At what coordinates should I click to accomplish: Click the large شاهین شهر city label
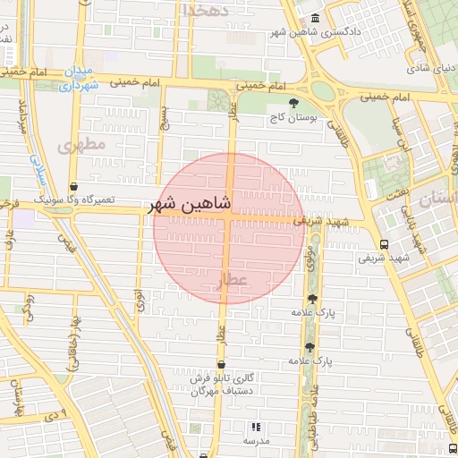tap(193, 204)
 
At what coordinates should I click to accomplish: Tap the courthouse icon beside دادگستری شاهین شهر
tap(314, 19)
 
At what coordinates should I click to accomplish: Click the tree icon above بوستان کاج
tap(294, 103)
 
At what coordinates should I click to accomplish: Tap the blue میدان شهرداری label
tap(77, 78)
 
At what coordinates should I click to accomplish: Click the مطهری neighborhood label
tap(82, 144)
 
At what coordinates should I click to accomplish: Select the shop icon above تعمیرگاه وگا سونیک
tap(73, 186)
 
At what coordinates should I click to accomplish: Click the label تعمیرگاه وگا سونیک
tap(73, 199)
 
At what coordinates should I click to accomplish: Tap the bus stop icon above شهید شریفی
tap(384, 243)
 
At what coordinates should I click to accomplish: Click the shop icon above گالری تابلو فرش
tap(221, 364)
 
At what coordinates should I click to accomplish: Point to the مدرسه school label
tap(257, 441)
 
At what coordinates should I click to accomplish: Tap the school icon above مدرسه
tap(257, 428)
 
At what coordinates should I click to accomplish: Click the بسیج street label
tap(164, 115)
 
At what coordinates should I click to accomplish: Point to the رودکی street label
tap(29, 304)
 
